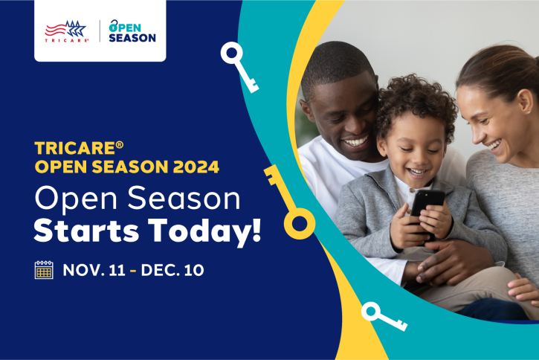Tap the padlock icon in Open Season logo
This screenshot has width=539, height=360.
114,26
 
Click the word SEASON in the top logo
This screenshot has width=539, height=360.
132,37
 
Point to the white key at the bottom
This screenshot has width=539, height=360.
381,315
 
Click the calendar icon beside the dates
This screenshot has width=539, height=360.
44,269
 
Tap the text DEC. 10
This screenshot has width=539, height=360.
171,270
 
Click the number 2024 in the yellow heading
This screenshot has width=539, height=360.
196,167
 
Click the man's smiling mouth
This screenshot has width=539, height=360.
355,141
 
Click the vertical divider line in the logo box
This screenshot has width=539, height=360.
100,30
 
